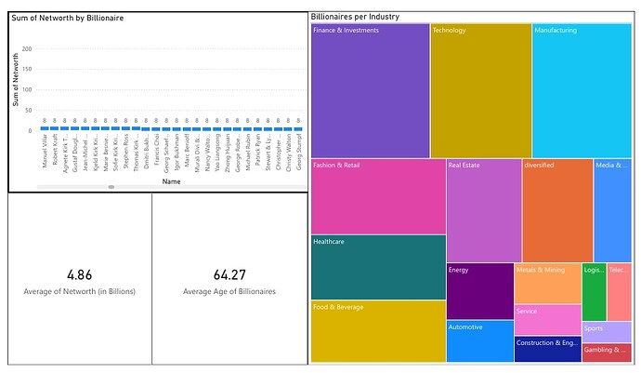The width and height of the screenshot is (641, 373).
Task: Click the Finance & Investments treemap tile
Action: tap(370, 90)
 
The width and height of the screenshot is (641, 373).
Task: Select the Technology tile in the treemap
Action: tap(480, 90)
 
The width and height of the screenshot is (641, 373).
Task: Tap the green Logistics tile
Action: tap(594, 291)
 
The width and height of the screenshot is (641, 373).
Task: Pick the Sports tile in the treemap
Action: tap(607, 331)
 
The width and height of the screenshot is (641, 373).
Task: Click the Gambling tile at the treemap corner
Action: tap(607, 352)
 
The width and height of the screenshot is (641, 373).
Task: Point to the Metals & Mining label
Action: tap(541, 271)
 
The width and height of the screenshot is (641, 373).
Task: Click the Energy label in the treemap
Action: tap(459, 271)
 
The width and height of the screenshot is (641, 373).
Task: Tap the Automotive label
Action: tap(465, 327)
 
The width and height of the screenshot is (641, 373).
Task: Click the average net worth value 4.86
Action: tap(80, 275)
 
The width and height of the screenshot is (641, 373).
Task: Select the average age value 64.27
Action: tap(229, 275)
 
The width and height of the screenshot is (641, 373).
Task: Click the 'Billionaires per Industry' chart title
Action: tap(356, 17)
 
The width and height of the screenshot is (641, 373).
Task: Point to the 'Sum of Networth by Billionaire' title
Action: tap(68, 19)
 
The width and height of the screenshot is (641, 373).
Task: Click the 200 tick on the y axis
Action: tap(26, 49)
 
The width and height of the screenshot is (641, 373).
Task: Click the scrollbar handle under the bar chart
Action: tap(111, 186)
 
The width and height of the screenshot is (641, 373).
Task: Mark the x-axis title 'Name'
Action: tap(171, 181)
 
